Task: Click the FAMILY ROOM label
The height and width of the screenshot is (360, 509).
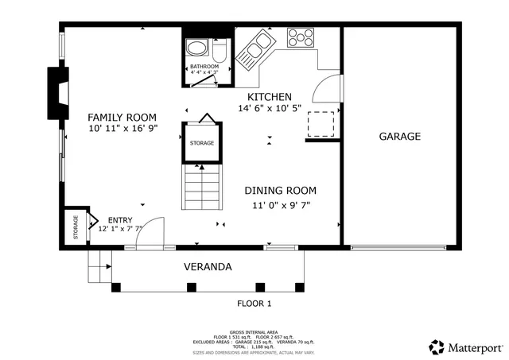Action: tap(122, 117)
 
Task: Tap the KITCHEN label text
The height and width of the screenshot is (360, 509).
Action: tap(270, 96)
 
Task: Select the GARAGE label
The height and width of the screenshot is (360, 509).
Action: tap(399, 136)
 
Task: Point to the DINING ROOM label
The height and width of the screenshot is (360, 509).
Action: tap(280, 191)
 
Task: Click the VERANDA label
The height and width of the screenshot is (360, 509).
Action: tap(208, 267)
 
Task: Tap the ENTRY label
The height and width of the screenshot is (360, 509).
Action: tap(120, 220)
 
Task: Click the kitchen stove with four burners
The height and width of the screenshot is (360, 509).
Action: tap(301, 37)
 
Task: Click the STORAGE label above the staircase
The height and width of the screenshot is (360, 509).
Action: tap(201, 143)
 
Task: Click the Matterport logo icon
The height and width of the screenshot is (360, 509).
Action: tap(437, 347)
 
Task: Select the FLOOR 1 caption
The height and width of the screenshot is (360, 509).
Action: tap(254, 303)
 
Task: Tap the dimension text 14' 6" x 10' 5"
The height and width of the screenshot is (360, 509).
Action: tap(270, 109)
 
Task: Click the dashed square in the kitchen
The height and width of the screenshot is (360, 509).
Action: tap(321, 124)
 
